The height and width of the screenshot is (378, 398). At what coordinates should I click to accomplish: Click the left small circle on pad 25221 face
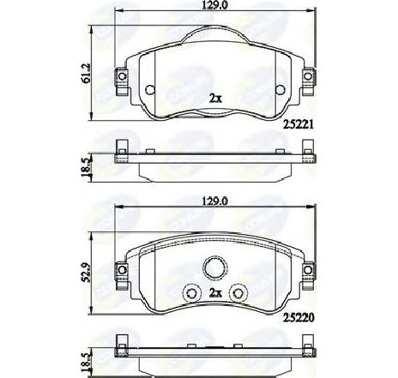tap(149, 90)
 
